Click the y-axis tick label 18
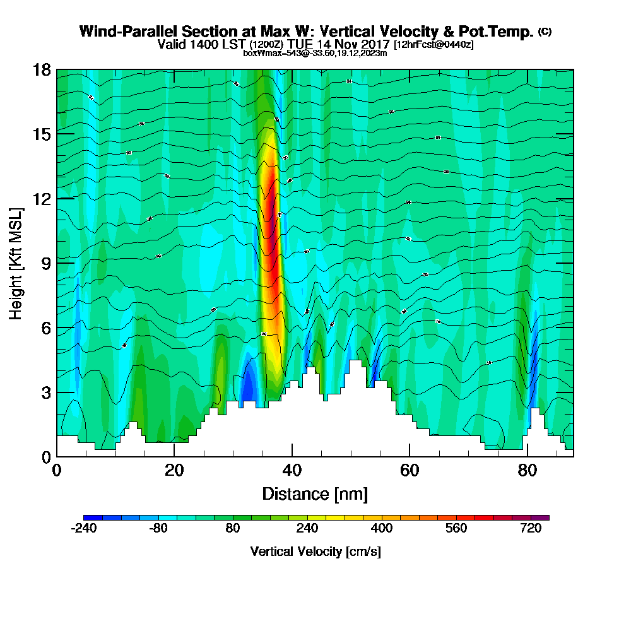click(42, 69)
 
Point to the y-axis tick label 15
click(42, 134)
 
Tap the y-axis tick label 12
click(42, 198)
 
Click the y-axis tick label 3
click(46, 392)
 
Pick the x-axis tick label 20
click(174, 471)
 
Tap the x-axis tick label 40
click(292, 471)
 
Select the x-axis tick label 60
click(409, 471)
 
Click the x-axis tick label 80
click(527, 471)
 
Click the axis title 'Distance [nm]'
click(315, 493)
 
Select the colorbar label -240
click(84, 529)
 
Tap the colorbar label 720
click(531, 529)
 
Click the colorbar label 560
click(456, 529)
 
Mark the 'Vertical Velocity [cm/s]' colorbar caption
click(315, 551)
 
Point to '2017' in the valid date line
click(372, 45)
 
